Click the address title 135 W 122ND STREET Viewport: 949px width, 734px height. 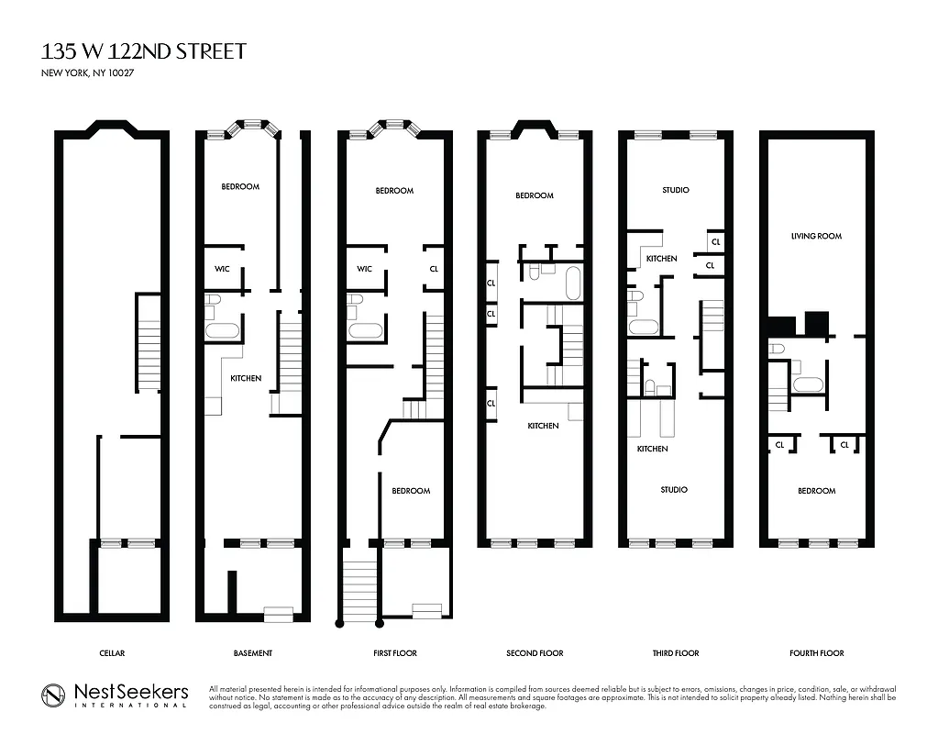[x=144, y=50]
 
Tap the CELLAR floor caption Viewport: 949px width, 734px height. [x=112, y=653]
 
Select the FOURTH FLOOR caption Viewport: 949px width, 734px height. [x=816, y=653]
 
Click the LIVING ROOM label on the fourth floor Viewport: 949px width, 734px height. [x=816, y=236]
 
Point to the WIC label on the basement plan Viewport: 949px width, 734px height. [x=222, y=269]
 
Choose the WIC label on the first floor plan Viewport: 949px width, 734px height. [x=364, y=269]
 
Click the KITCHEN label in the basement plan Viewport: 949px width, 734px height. [x=246, y=378]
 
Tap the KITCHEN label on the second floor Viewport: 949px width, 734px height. [x=543, y=426]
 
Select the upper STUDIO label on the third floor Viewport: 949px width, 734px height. [x=675, y=190]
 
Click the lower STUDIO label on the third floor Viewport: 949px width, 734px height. [x=674, y=490]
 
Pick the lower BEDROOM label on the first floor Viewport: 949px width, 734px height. [x=411, y=491]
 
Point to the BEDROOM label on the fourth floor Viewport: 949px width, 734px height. [x=816, y=491]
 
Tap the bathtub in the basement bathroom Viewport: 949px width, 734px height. [x=221, y=330]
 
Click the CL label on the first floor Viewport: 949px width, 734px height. [x=434, y=269]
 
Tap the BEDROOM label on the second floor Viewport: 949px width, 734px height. [x=534, y=195]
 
